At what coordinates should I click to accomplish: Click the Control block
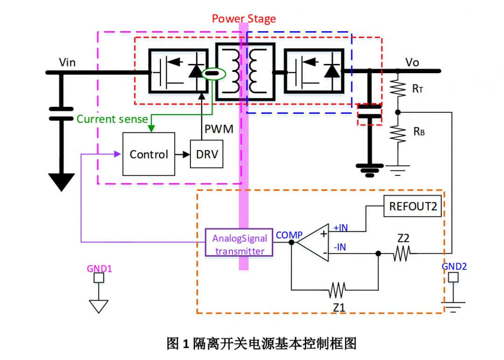pyautogui.click(x=149, y=154)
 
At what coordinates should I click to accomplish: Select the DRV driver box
pyautogui.click(x=207, y=154)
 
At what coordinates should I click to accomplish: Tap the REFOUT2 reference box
pyautogui.click(x=413, y=206)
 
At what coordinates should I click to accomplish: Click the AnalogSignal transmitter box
pyautogui.click(x=240, y=244)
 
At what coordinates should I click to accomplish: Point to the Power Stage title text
pyautogui.click(x=244, y=19)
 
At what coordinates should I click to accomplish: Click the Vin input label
pyautogui.click(x=67, y=62)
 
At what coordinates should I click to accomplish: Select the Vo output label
pyautogui.click(x=412, y=62)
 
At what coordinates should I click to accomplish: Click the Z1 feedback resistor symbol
pyautogui.click(x=336, y=291)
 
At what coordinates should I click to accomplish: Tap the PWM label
pyautogui.click(x=219, y=129)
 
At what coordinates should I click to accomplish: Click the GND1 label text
pyautogui.click(x=99, y=269)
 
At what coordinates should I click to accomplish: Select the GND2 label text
pyautogui.click(x=454, y=267)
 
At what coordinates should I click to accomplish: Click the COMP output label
pyautogui.click(x=289, y=235)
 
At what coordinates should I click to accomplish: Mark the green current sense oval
pyautogui.click(x=214, y=73)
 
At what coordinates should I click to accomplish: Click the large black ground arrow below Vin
pyautogui.click(x=61, y=181)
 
